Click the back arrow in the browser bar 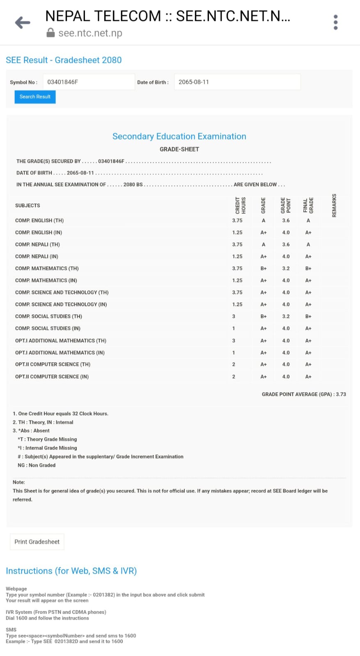point(23,23)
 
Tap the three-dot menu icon point(335,23)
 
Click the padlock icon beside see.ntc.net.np point(50,33)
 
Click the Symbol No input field point(89,82)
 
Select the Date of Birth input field point(237,82)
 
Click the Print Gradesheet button point(37,542)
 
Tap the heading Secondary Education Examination point(179,136)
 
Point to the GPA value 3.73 point(341,394)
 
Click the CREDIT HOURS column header point(241,205)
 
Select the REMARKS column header point(334,205)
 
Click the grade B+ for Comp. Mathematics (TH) point(264,268)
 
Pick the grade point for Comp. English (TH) point(286,220)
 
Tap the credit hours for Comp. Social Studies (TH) point(234,316)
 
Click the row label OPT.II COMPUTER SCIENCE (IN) point(52,377)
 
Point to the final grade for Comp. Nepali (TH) point(308,245)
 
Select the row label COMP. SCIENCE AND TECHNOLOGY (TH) point(62,293)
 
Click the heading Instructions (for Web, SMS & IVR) point(71,571)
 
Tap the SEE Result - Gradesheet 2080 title point(64,60)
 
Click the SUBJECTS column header point(28,206)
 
